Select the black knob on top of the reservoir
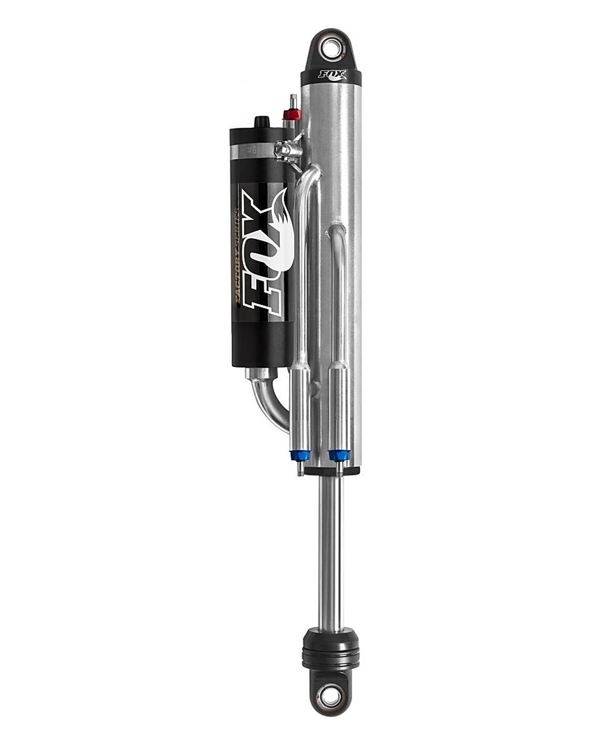pos(262,122)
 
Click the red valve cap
pos(292,114)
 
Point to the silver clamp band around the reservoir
pos(252,152)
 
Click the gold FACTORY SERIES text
pos(235,253)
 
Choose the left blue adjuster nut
pos(300,455)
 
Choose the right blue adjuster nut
pos(339,455)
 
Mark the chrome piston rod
pos(330,551)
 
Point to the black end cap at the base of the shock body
pos(332,471)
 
